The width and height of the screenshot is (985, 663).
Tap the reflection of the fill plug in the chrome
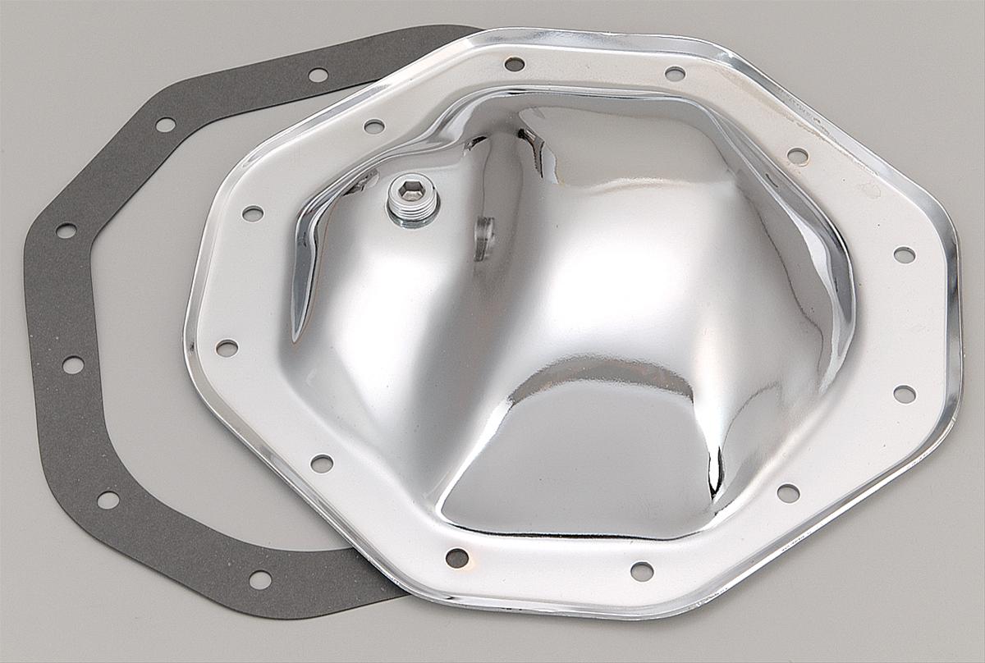click(483, 238)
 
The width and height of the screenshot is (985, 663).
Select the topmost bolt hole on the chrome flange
click(515, 64)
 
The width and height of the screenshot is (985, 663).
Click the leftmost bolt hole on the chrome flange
click(227, 348)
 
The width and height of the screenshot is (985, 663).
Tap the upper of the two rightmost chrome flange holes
click(904, 254)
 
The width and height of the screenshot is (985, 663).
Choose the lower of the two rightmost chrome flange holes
click(904, 394)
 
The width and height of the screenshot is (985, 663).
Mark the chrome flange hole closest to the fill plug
click(373, 126)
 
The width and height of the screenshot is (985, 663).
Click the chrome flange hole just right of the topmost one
click(675, 74)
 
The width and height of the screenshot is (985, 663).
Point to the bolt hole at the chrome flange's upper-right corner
click(797, 155)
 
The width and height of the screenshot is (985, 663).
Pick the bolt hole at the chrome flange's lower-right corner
click(787, 493)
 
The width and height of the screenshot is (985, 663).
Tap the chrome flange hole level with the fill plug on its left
click(253, 213)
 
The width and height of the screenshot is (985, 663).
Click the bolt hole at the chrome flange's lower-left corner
click(322, 464)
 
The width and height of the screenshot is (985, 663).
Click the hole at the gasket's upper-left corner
click(165, 125)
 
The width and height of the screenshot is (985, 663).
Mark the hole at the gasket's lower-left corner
click(108, 499)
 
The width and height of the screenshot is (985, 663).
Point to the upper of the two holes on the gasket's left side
click(66, 231)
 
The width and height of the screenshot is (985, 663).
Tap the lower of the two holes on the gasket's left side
click(72, 364)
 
